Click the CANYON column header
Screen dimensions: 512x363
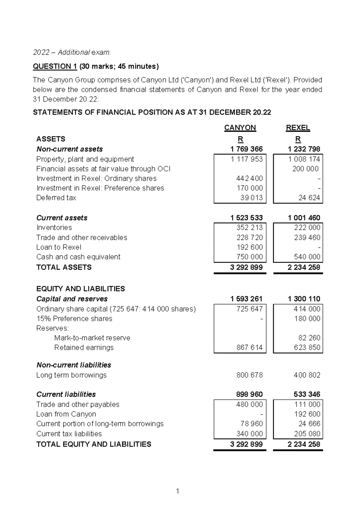pos(240,128)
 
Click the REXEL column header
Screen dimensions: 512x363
pos(298,128)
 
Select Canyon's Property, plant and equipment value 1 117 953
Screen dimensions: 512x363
pos(247,159)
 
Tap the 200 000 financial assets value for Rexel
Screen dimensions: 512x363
pos(305,169)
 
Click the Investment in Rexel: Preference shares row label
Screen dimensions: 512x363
pos(100,188)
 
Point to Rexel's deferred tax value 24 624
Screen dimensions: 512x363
pos(309,198)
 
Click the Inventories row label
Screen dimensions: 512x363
pos(54,227)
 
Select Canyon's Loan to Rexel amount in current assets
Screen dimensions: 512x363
pos(250,247)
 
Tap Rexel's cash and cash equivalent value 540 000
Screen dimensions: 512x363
pos(307,257)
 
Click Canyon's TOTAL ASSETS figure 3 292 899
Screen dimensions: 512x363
pos(246,267)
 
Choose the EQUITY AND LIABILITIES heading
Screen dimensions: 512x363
pos(80,289)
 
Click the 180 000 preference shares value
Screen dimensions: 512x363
pos(307,318)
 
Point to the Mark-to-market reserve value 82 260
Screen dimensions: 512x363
pos(309,338)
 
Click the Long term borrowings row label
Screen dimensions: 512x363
pos(71,375)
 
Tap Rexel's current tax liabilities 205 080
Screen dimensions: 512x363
pos(307,434)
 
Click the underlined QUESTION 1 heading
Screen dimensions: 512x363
pos(55,66)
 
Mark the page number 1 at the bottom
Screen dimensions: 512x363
pos(178,491)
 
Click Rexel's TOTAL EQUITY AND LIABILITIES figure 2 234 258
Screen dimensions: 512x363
pos(304,444)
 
